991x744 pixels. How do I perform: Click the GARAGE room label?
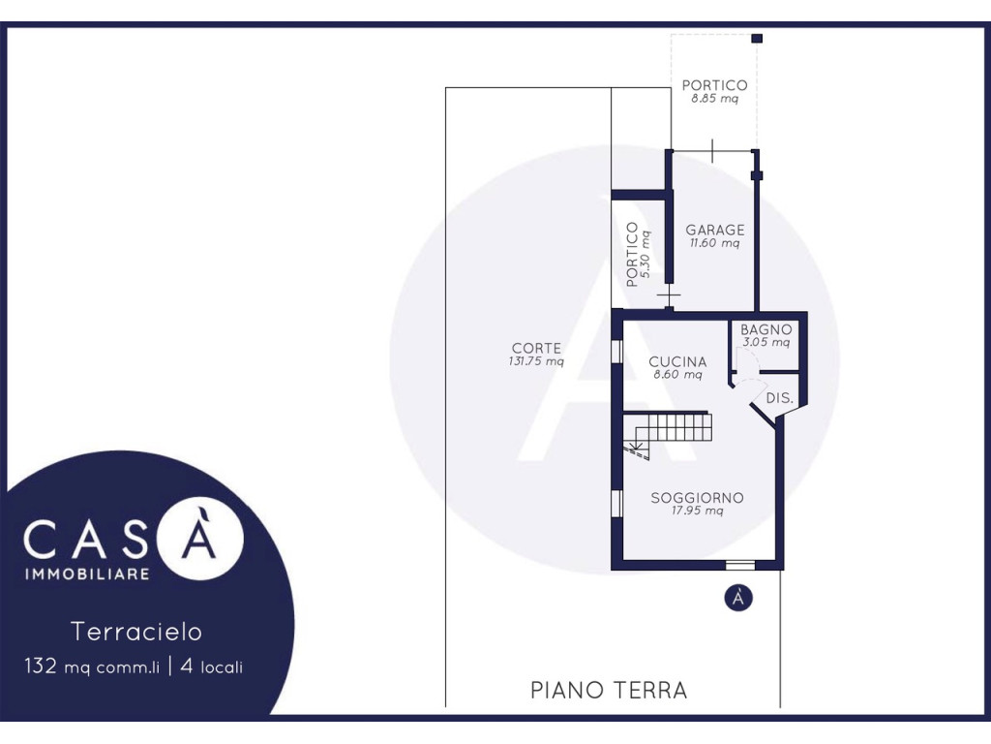[715, 230]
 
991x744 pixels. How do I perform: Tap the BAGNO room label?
[766, 329]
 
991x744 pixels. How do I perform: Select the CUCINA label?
[677, 362]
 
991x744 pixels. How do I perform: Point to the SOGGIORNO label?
[697, 498]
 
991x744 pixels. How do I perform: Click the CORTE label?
[536, 348]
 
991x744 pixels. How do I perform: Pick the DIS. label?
[779, 398]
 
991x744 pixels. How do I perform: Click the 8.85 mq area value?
[714, 99]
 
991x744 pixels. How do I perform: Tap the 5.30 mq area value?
[646, 255]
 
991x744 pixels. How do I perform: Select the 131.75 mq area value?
[536, 362]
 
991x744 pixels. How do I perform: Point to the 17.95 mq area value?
[697, 511]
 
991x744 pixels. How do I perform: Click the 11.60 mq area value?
[714, 243]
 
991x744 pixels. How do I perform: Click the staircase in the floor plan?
[668, 433]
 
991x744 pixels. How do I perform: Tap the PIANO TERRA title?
[609, 690]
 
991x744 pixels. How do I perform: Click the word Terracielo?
[136, 632]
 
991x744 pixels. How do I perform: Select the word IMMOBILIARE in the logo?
[87, 573]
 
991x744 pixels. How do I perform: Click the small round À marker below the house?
[738, 597]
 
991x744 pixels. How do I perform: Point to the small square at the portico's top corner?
[757, 39]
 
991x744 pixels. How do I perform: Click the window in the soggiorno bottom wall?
[740, 565]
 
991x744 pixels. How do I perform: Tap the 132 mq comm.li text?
[92, 666]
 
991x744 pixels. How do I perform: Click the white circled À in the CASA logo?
[198, 539]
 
